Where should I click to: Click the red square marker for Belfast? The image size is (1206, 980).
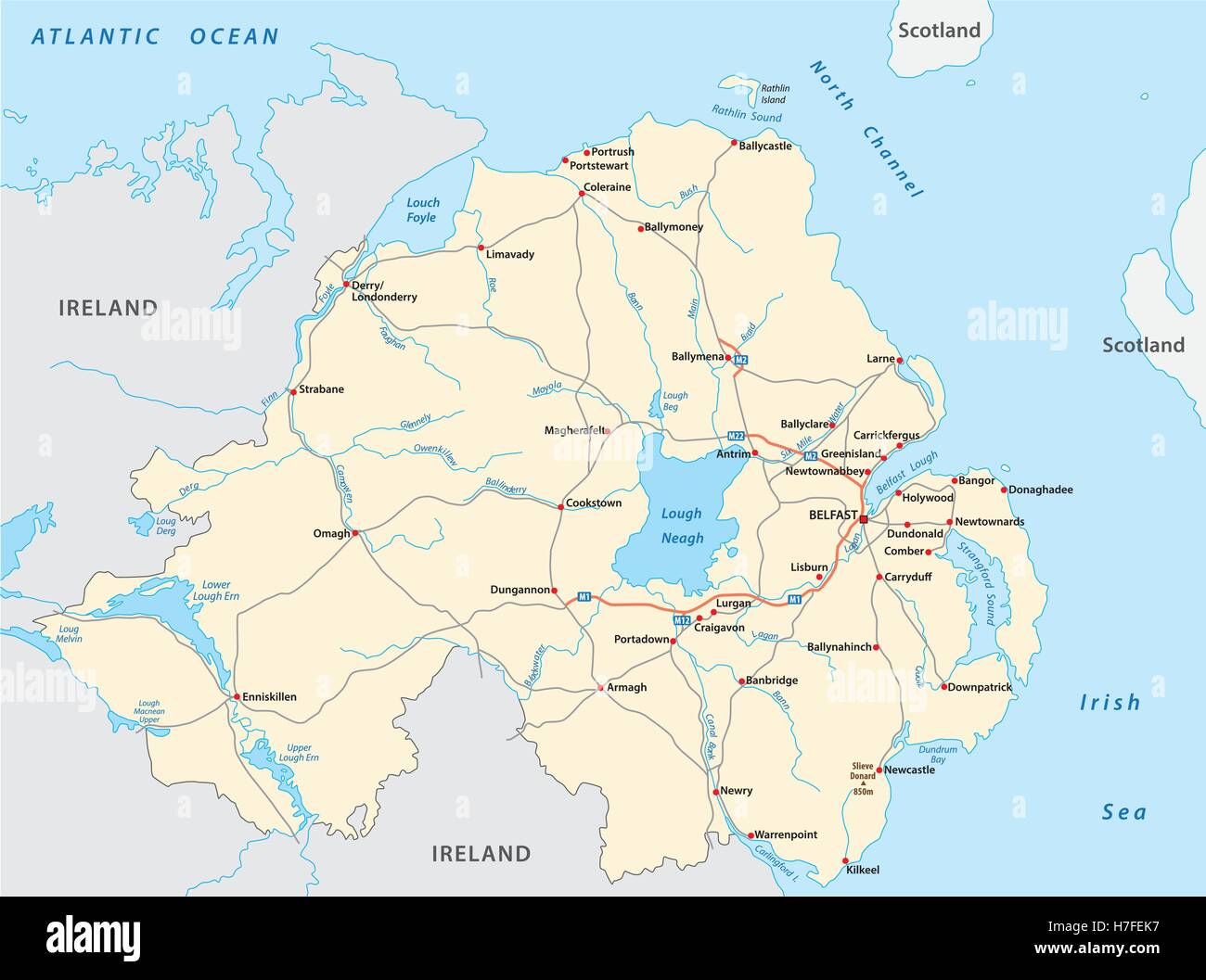pos(864,519)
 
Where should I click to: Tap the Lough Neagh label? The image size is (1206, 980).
pos(682,526)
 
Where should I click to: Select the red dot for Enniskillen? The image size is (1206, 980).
pos(236,695)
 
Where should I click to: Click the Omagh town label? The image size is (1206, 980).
pos(332,533)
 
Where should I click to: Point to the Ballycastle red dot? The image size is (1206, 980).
pos(734,143)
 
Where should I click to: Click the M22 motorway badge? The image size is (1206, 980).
pos(737,436)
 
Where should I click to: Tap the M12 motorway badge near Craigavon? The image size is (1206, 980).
pos(681,619)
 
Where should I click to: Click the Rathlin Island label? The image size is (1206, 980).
pos(775,94)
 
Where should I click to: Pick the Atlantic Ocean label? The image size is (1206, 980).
pos(154,37)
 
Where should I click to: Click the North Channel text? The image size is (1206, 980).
pos(866,129)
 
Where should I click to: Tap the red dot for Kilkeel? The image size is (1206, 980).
pos(845,859)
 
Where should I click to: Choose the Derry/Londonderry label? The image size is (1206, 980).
pos(384,291)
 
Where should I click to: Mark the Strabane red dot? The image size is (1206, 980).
pos(293,391)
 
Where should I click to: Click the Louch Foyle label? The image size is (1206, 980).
pos(423,210)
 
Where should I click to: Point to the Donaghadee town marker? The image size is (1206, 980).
pos(1003,489)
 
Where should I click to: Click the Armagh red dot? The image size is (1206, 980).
pos(600,688)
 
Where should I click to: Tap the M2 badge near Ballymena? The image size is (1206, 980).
pos(740,359)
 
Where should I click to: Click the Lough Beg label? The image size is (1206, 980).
pos(675,401)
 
